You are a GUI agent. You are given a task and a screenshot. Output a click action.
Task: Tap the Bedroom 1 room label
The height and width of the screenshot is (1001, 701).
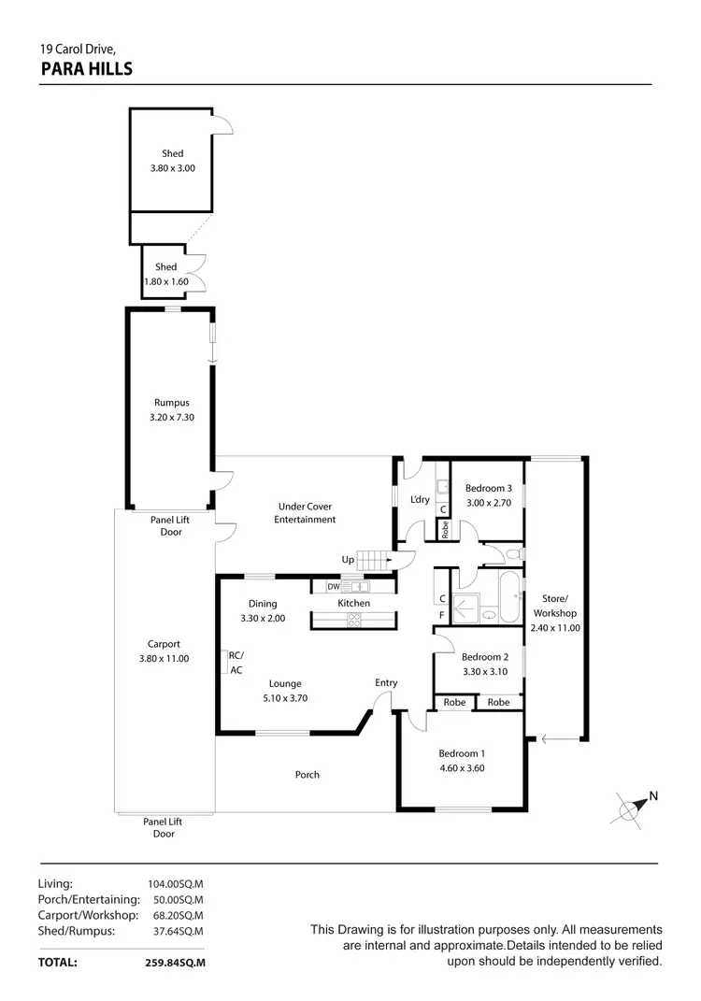tap(462, 753)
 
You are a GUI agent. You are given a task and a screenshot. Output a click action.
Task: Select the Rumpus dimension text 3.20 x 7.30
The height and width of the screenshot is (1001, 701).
tap(171, 418)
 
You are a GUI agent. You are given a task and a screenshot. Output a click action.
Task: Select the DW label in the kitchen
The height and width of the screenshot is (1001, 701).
tap(333, 587)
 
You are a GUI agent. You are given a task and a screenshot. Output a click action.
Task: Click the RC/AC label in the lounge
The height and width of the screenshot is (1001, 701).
tap(236, 663)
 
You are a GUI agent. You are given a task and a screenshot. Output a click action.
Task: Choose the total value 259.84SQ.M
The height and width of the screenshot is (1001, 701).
tap(176, 962)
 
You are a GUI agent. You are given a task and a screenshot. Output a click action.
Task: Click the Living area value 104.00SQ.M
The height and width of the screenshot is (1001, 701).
tap(176, 883)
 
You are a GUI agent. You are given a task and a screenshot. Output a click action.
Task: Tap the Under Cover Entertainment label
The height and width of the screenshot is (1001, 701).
tap(305, 513)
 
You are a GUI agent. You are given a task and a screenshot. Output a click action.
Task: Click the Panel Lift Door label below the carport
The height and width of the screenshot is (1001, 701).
tap(163, 827)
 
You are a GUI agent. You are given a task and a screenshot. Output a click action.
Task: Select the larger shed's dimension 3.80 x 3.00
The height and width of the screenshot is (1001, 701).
tap(172, 168)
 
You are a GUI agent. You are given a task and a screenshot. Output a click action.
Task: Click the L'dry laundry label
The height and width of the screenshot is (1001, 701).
tap(421, 499)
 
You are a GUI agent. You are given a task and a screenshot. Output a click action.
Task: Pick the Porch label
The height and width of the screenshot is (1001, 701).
tap(307, 774)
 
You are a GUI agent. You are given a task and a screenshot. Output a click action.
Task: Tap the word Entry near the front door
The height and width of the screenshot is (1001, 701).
tap(386, 682)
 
